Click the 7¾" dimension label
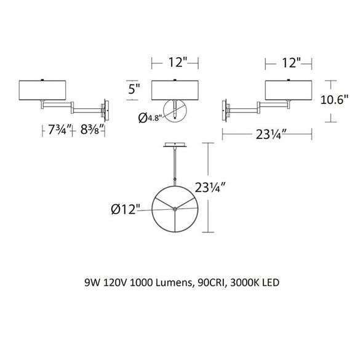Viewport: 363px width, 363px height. coord(57,130)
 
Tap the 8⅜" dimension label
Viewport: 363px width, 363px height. coord(91,130)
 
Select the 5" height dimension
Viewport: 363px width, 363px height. coord(134,89)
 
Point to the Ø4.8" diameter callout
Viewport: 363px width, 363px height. coord(149,118)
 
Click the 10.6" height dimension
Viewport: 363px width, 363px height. coord(334,100)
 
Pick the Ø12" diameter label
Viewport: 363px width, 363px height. coord(126,210)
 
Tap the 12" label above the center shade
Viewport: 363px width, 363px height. coord(178,62)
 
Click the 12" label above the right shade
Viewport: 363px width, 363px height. coord(291,63)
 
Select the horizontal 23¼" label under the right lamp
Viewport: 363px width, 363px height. coord(268,134)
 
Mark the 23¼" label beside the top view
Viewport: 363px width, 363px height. coord(210,188)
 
